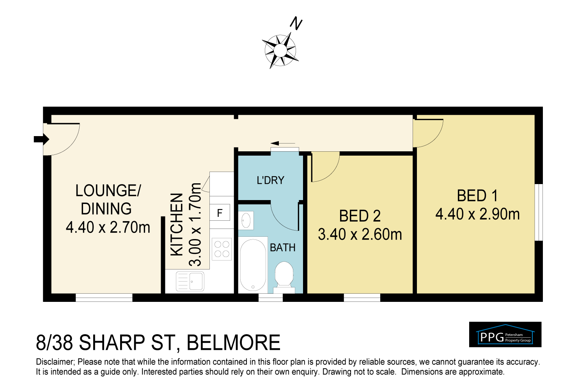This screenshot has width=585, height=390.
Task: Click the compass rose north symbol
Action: pyautogui.click(x=280, y=51)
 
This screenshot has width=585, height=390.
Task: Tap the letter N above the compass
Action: pyautogui.click(x=296, y=24)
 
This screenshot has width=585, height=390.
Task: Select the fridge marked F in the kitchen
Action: pyautogui.click(x=220, y=213)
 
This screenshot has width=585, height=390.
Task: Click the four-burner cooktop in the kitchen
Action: pyautogui.click(x=222, y=249)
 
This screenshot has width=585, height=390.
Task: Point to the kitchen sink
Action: pyautogui.click(x=190, y=281)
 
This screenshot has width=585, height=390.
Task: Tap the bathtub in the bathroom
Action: pyautogui.click(x=253, y=265)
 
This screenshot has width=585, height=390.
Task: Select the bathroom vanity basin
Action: pyautogui.click(x=246, y=221)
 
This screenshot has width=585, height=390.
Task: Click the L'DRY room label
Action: pyautogui.click(x=270, y=180)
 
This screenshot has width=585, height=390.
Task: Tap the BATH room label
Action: pyautogui.click(x=283, y=248)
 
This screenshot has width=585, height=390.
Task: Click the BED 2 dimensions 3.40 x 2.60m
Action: pyautogui.click(x=360, y=234)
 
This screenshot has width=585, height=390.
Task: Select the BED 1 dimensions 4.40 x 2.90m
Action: pyautogui.click(x=477, y=214)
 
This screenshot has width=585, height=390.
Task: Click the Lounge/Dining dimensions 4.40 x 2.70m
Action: pyautogui.click(x=108, y=227)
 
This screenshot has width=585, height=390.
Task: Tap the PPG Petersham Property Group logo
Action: pyautogui.click(x=505, y=335)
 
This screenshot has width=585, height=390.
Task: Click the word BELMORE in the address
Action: pyautogui.click(x=234, y=343)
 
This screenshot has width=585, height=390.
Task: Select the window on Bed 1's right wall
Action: pyautogui.click(x=539, y=212)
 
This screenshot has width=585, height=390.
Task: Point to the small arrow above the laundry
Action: pyautogui.click(x=283, y=143)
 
